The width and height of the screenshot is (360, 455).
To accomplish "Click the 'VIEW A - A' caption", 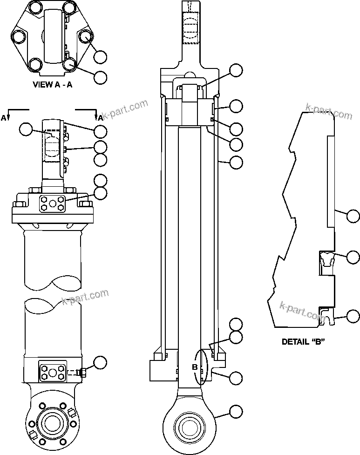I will tap(52, 85).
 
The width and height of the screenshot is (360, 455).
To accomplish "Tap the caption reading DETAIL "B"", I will tap(303, 341).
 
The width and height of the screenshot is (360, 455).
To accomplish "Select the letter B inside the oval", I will tap(196, 367).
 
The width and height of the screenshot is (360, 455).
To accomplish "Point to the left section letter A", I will tap(4, 118).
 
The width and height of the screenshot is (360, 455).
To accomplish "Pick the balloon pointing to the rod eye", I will tap(237, 411).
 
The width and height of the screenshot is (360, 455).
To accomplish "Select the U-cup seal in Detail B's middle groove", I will tap(326, 259).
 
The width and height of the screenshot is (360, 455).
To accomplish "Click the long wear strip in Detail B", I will tap(331, 182).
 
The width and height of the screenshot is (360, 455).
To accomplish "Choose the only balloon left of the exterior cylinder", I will tap(27, 129).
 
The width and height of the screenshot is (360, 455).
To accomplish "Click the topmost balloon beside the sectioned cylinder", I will tap(237, 71).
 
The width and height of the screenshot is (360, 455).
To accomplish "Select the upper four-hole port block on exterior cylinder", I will tap(52, 204).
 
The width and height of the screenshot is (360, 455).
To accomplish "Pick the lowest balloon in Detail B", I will tap(353, 317).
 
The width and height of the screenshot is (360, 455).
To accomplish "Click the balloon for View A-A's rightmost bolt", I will tap(100, 57).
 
